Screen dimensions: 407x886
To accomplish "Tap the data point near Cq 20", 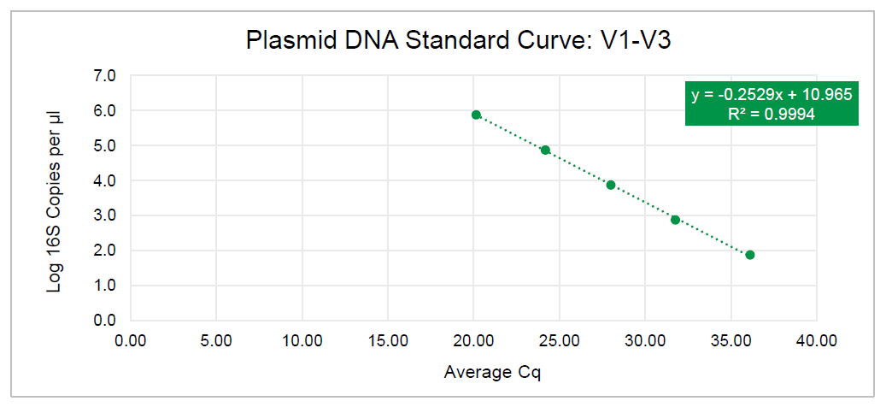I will (476, 115).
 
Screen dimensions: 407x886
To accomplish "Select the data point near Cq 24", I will (545, 150).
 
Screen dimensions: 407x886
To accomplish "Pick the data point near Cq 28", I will (611, 185).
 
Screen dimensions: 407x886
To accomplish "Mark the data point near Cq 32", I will (675, 220).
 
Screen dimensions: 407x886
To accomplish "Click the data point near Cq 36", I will (749, 255).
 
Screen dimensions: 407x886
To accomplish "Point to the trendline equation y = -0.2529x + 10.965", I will (772, 95).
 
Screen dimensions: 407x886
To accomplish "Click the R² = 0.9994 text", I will (772, 112).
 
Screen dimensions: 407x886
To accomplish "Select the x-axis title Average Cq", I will (493, 373).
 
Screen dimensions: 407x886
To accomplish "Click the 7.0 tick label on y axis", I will (104, 76).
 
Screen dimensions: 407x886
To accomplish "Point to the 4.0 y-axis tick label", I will (104, 181).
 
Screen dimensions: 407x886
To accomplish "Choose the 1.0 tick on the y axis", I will (104, 286).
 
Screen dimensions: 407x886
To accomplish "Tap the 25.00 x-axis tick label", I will (559, 340).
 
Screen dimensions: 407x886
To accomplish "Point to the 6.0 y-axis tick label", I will (104, 111).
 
